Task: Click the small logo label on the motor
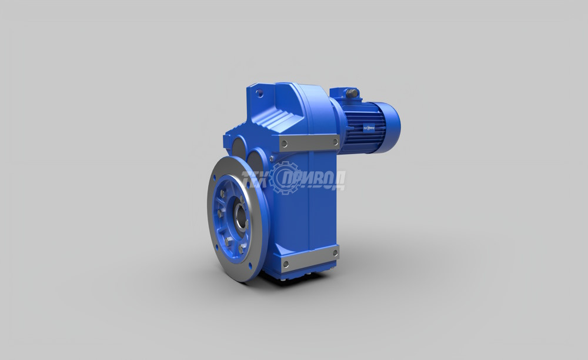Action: (x=369, y=128)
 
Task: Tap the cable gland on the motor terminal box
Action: (x=352, y=93)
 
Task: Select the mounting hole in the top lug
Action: (x=258, y=92)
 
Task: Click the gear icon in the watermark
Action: (x=286, y=178)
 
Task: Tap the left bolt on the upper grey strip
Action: (x=285, y=143)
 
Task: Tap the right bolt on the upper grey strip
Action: (x=335, y=142)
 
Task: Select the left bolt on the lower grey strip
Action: (x=286, y=264)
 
